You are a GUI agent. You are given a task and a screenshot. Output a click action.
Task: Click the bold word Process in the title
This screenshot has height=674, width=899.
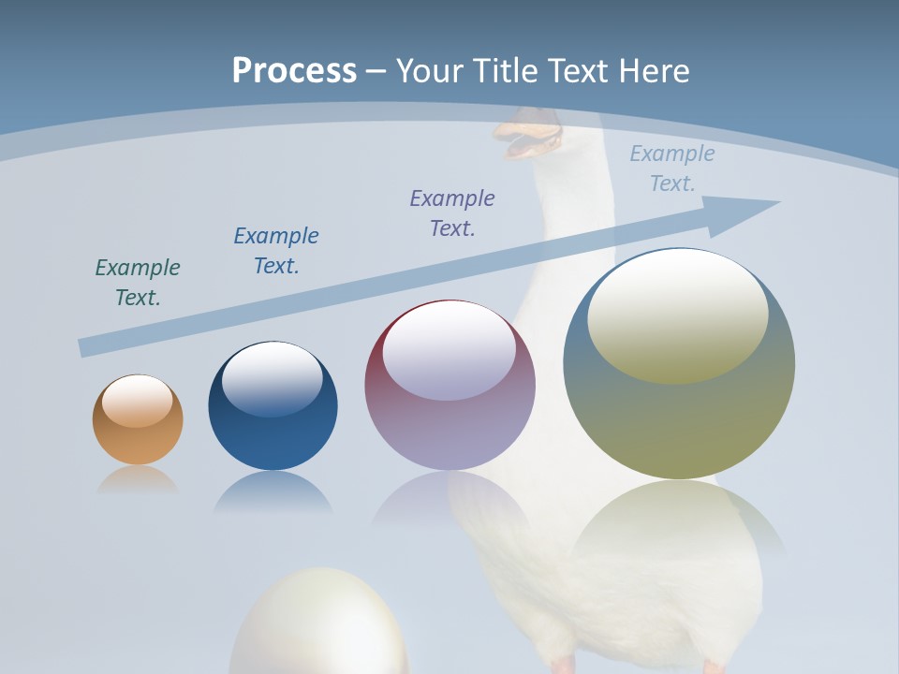(294, 70)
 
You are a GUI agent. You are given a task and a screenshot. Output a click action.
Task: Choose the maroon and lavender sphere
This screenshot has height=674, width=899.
(449, 385)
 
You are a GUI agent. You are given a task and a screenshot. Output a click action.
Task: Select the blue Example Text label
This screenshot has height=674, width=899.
(276, 251)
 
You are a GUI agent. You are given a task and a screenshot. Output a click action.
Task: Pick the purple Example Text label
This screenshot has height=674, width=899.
(452, 213)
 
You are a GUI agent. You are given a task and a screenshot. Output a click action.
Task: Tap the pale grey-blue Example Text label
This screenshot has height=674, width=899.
(672, 168)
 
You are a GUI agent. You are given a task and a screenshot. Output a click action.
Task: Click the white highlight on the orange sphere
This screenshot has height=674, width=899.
(138, 400)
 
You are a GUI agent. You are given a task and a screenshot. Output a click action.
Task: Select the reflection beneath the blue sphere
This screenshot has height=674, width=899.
(273, 491)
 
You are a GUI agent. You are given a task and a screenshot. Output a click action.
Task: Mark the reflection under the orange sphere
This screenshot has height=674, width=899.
(138, 479)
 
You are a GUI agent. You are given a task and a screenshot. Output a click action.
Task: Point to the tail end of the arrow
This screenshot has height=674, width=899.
(86, 347)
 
